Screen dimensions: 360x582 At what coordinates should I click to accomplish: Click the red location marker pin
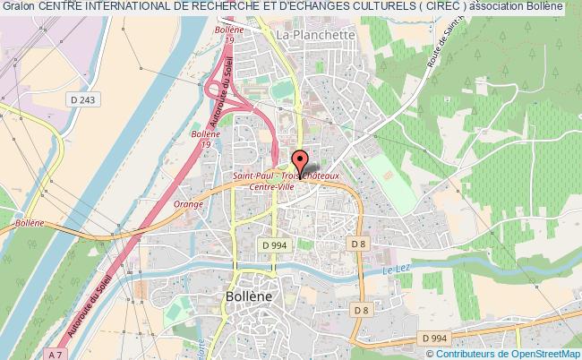299,162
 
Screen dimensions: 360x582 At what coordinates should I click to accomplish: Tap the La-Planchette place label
316,35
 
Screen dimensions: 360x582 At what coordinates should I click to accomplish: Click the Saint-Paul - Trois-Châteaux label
287,176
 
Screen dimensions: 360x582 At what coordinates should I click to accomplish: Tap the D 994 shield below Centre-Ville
272,244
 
